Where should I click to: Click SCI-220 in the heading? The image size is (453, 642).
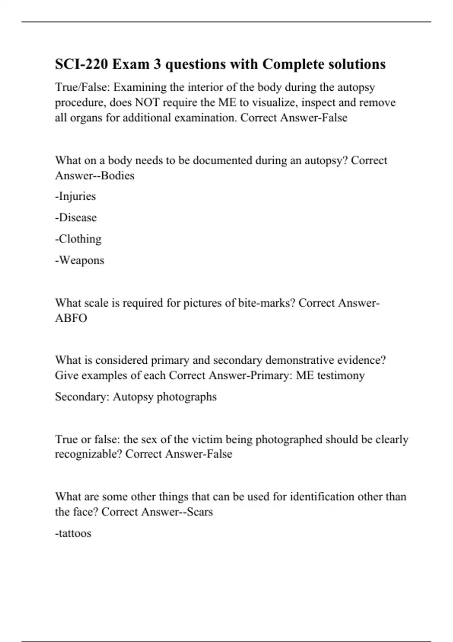[82, 64]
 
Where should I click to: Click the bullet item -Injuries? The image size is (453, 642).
[75, 196]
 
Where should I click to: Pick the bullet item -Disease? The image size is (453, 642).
[76, 218]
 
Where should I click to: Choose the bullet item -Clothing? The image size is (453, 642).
[78, 239]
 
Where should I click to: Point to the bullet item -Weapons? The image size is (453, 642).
[80, 260]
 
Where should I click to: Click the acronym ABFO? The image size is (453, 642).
[71, 318]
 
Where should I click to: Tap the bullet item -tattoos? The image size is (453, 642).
[73, 533]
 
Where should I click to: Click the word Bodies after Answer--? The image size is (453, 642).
[117, 176]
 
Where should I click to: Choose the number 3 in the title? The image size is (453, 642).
[157, 64]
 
